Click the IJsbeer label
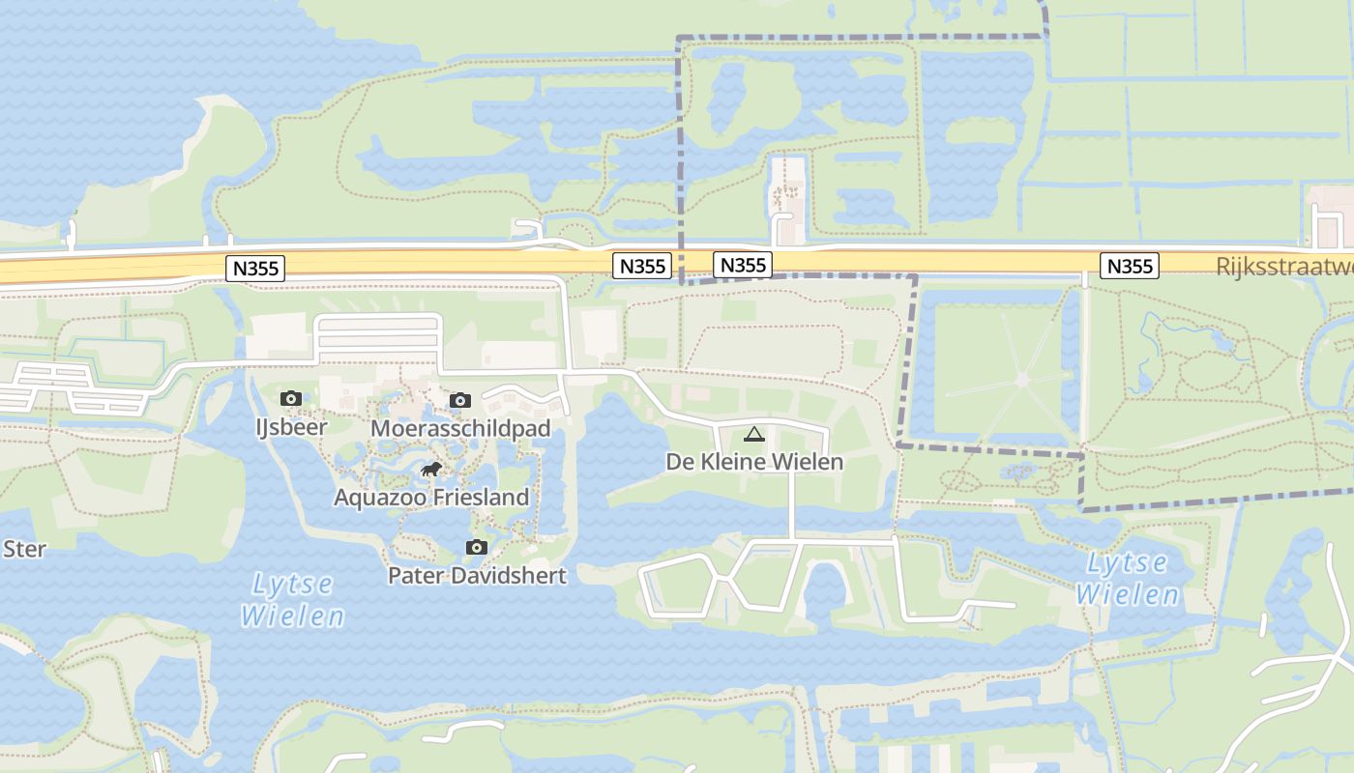[291, 426]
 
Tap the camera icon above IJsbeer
[290, 398]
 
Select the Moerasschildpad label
[460, 428]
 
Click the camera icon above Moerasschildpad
[460, 400]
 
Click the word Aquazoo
[377, 498]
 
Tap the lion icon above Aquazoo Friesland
[431, 470]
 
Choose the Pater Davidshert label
[477, 575]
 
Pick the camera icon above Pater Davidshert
[476, 548]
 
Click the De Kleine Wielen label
[754, 462]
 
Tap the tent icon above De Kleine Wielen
[754, 434]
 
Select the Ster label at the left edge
[24, 549]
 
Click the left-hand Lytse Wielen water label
[292, 600]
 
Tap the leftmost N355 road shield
[256, 269]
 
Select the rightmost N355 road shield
[1130, 266]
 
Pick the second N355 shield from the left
[642, 266]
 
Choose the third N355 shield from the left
[743, 265]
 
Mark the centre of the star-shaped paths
[1022, 380]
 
